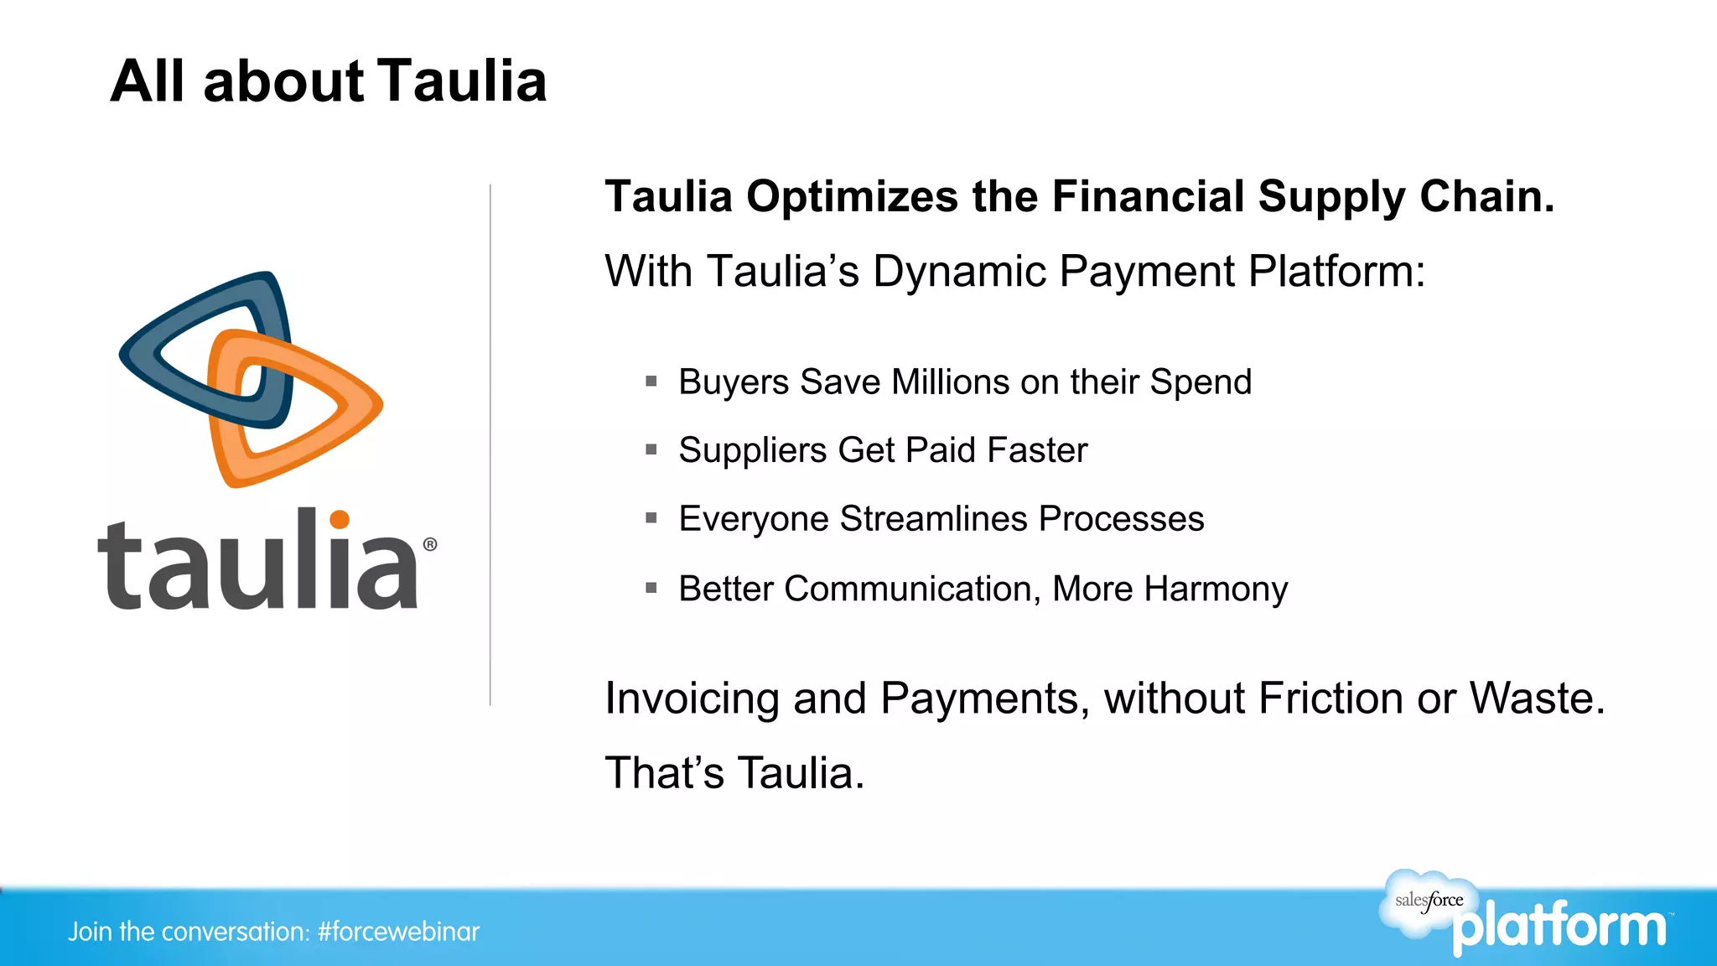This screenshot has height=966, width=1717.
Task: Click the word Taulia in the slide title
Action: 462,82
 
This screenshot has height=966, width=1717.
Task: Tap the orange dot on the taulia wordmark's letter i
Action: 339,520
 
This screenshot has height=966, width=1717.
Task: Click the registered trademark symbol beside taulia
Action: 430,545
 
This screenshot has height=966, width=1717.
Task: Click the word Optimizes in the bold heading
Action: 852,198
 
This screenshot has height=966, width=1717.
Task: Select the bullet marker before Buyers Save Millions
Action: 651,382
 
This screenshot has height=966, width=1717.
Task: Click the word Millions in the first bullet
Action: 950,382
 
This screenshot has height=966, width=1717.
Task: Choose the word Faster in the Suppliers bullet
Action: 1037,450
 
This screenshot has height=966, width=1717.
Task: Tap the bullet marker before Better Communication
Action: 651,589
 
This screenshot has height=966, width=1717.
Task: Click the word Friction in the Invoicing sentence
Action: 1331,699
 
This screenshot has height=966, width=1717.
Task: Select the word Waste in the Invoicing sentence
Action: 1536,699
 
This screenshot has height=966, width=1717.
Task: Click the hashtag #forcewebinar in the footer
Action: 398,932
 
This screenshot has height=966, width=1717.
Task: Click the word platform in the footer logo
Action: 1559,927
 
